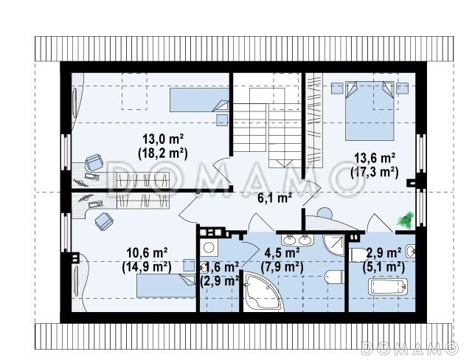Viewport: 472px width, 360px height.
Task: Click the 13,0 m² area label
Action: [x=163, y=139]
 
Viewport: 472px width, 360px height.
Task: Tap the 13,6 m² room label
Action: [x=375, y=158]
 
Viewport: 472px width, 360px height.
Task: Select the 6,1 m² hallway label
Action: [x=275, y=198]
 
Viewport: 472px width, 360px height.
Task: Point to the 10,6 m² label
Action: [x=147, y=253]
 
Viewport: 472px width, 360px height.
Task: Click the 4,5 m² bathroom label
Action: [x=282, y=253]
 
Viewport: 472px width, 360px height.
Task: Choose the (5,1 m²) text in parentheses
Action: [x=383, y=267]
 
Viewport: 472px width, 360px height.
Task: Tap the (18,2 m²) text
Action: [x=163, y=153]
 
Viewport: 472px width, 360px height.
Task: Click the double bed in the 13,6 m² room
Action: [x=369, y=111]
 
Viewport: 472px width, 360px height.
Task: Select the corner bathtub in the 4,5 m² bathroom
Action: [x=263, y=291]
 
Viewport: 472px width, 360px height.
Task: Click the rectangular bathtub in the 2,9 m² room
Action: [x=388, y=286]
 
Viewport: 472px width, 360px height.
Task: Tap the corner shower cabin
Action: [x=333, y=245]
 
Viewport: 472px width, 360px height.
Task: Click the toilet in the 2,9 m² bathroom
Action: [x=357, y=255]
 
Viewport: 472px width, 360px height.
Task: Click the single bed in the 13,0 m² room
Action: [x=199, y=100]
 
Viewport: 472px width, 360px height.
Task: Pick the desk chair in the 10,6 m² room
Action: [x=104, y=221]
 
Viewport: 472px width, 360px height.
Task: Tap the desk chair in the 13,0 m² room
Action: [x=94, y=162]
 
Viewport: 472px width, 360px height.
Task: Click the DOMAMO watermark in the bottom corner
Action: [x=409, y=348]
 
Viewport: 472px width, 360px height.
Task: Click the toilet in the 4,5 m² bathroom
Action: [x=335, y=277]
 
